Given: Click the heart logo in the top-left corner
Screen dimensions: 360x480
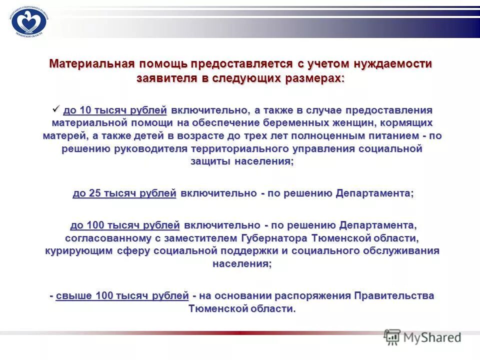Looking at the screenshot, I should click(28, 21).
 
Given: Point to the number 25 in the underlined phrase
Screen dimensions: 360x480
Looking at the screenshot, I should click(95, 193).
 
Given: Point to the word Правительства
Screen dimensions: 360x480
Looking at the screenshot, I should click(395, 295).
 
